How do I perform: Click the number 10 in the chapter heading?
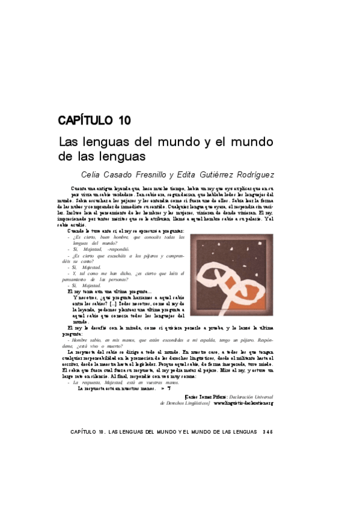[124, 120]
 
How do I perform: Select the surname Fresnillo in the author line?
[147, 175]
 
